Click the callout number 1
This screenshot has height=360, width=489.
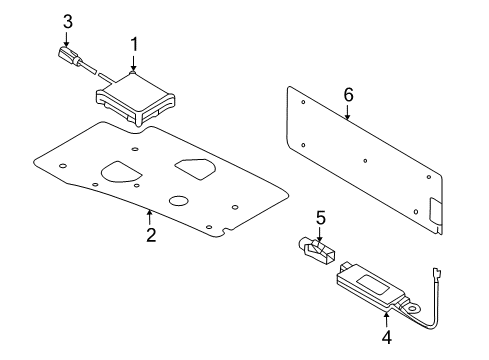tap(134, 45)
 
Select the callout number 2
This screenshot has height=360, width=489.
tap(151, 235)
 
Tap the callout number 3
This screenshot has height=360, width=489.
tap(68, 22)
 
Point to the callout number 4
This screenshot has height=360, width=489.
tap(387, 337)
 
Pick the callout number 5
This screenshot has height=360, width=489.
tap(320, 218)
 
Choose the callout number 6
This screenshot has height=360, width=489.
tap(348, 95)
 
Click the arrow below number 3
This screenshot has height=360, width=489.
tap(66, 39)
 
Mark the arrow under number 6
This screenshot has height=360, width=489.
tap(347, 112)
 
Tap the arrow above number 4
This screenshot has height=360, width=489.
tap(386, 319)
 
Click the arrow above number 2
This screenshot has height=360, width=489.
tap(150, 217)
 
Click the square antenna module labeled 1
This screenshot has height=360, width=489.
tap(136, 97)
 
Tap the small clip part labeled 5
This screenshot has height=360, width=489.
tap(316, 250)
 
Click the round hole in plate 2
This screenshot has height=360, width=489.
tap(179, 200)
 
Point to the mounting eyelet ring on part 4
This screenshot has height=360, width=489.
tap(412, 308)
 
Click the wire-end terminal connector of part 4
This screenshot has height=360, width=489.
tap(437, 275)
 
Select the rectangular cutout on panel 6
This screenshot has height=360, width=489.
tap(435, 211)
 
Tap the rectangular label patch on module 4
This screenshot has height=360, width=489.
tap(374, 285)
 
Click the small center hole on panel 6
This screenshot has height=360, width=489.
tap(365, 161)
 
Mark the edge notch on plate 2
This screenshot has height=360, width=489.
tap(227, 231)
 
